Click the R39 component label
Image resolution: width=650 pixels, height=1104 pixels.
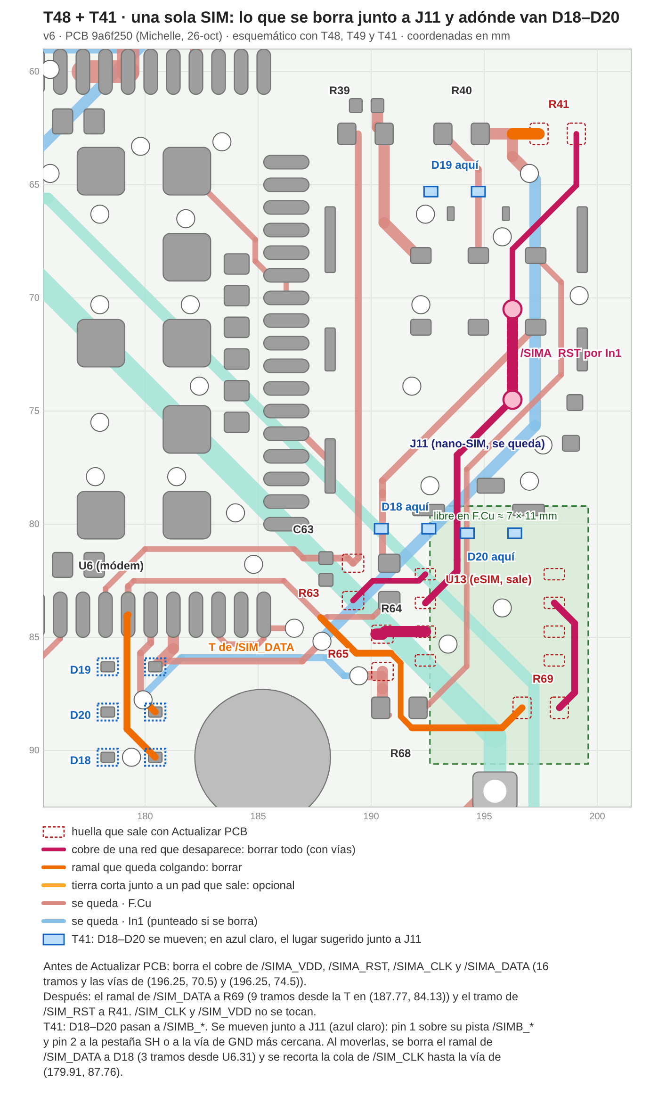coord(339,91)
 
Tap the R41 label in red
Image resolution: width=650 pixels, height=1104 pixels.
coord(559,104)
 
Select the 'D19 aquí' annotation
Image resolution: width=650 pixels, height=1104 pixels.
coord(455,165)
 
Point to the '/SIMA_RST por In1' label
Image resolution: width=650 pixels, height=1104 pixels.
coord(570,353)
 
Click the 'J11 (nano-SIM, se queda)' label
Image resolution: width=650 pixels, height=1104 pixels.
coord(477,444)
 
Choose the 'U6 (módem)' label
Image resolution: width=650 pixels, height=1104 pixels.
coord(111,566)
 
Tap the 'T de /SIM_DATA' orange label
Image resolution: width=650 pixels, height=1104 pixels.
coord(251,647)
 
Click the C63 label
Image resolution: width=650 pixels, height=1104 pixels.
coord(303,529)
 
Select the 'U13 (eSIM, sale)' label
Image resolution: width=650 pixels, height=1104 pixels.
coord(488,579)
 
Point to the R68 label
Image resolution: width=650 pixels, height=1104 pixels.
coord(400,753)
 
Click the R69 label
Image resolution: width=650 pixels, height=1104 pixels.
coord(543,679)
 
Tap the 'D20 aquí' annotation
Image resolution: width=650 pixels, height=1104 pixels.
coord(491,557)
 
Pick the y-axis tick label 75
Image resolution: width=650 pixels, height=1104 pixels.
coord(34,411)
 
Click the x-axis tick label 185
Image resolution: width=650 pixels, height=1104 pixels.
coord(258,816)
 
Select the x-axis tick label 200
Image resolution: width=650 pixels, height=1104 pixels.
coord(597,816)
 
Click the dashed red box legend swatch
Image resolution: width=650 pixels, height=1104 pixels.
coord(54,832)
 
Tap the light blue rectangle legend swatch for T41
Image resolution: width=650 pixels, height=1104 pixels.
coord(54,939)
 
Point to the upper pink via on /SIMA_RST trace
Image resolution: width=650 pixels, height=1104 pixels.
coord(512,309)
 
